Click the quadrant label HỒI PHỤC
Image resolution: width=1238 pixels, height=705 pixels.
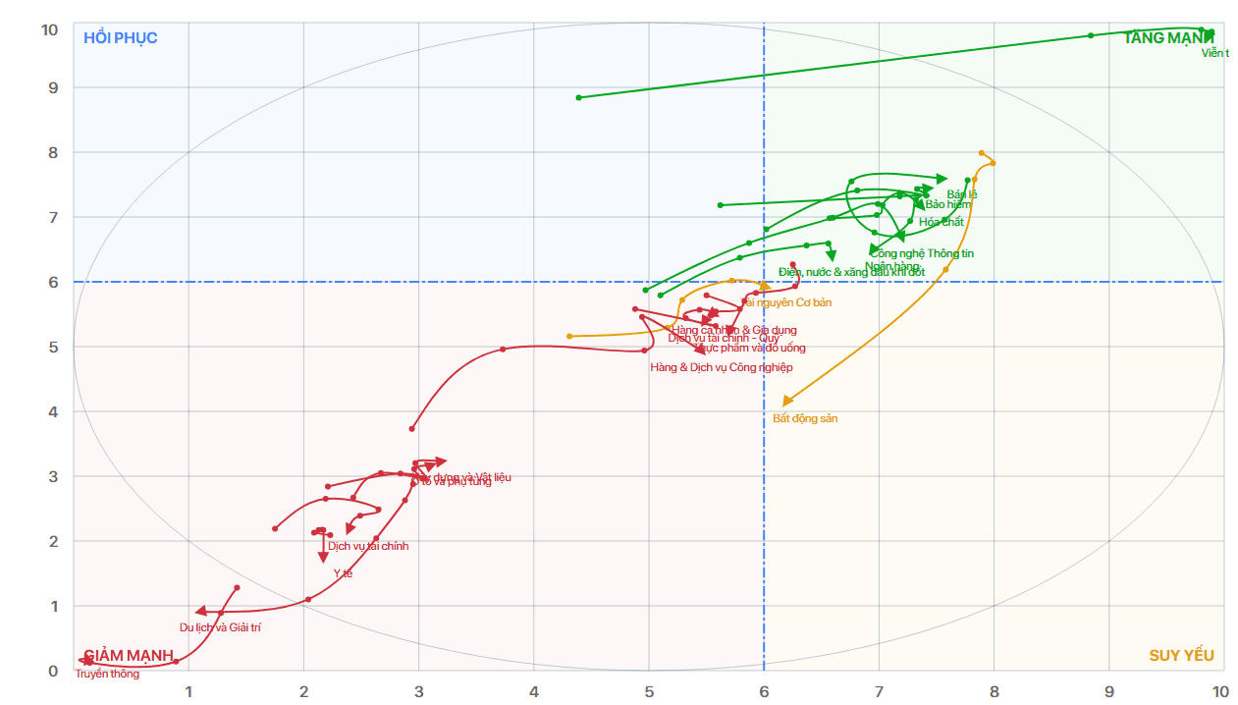coord(120,38)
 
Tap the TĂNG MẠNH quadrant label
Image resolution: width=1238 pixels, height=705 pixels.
coord(1167,38)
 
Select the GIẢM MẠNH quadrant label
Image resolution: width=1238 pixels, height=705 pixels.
coord(129,656)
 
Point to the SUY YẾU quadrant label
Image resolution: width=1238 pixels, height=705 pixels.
coord(1181,656)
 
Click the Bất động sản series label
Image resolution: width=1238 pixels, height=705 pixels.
coord(805,418)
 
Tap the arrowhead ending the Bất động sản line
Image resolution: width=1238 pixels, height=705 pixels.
coord(786,401)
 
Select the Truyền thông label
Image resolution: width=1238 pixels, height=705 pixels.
coord(107,675)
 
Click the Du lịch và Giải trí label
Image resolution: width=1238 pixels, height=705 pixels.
coord(220,627)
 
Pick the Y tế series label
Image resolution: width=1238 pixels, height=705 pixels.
coord(343,573)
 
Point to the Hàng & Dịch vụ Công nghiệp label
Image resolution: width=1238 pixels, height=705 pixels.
coord(721,367)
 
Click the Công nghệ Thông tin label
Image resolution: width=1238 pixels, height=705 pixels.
coord(921,254)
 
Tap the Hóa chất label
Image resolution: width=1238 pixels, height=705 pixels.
coord(941,222)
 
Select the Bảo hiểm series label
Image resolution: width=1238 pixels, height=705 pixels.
coord(947,205)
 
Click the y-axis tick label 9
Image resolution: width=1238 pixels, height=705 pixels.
coord(50,88)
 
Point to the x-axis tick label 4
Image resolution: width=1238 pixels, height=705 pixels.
coord(534,691)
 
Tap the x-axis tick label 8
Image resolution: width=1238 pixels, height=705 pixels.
coord(994,691)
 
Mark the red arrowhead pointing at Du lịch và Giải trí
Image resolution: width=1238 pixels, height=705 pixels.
coord(200,612)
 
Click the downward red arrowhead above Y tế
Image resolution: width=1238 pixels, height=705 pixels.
coord(323,558)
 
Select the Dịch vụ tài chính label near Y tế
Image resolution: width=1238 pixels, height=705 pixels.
coord(368,546)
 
